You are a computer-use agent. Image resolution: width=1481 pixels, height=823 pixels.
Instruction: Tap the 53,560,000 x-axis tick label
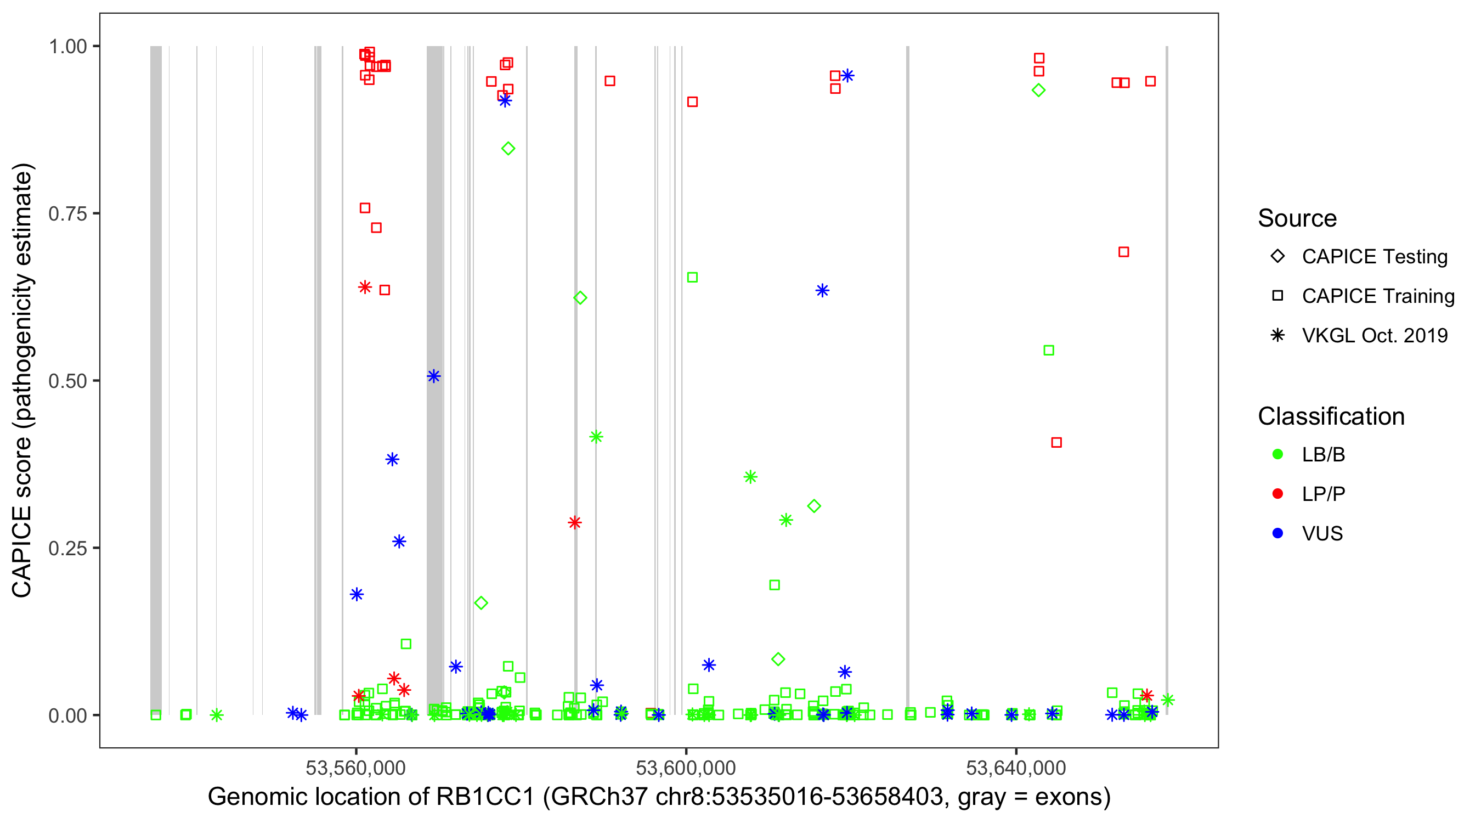point(356,768)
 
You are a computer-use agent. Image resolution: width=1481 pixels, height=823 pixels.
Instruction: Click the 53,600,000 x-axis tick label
point(686,768)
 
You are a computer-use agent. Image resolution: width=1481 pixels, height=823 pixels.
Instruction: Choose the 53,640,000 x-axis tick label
point(1016,768)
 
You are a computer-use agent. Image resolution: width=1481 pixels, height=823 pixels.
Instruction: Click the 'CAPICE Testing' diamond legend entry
point(1374,257)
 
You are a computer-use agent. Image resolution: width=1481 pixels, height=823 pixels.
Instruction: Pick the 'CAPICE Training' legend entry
point(1377,296)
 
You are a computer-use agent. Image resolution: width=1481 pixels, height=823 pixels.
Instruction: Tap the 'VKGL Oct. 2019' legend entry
point(1374,336)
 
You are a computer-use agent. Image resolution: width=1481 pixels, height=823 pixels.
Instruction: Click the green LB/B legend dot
point(1277,454)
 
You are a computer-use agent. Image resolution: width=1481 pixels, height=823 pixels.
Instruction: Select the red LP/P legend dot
point(1277,494)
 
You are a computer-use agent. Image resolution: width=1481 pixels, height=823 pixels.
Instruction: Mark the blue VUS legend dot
point(1277,534)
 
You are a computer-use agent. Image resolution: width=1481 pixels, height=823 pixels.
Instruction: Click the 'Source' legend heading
point(1297,218)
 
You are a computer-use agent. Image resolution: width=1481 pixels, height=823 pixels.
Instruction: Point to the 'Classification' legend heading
point(1331,416)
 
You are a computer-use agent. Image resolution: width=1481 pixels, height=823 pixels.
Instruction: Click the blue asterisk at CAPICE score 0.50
point(434,377)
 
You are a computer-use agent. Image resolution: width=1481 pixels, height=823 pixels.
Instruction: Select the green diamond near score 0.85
point(508,149)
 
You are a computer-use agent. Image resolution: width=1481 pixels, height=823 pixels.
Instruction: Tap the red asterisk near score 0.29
point(574,523)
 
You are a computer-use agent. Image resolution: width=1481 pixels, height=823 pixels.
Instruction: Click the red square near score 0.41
point(1056,443)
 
